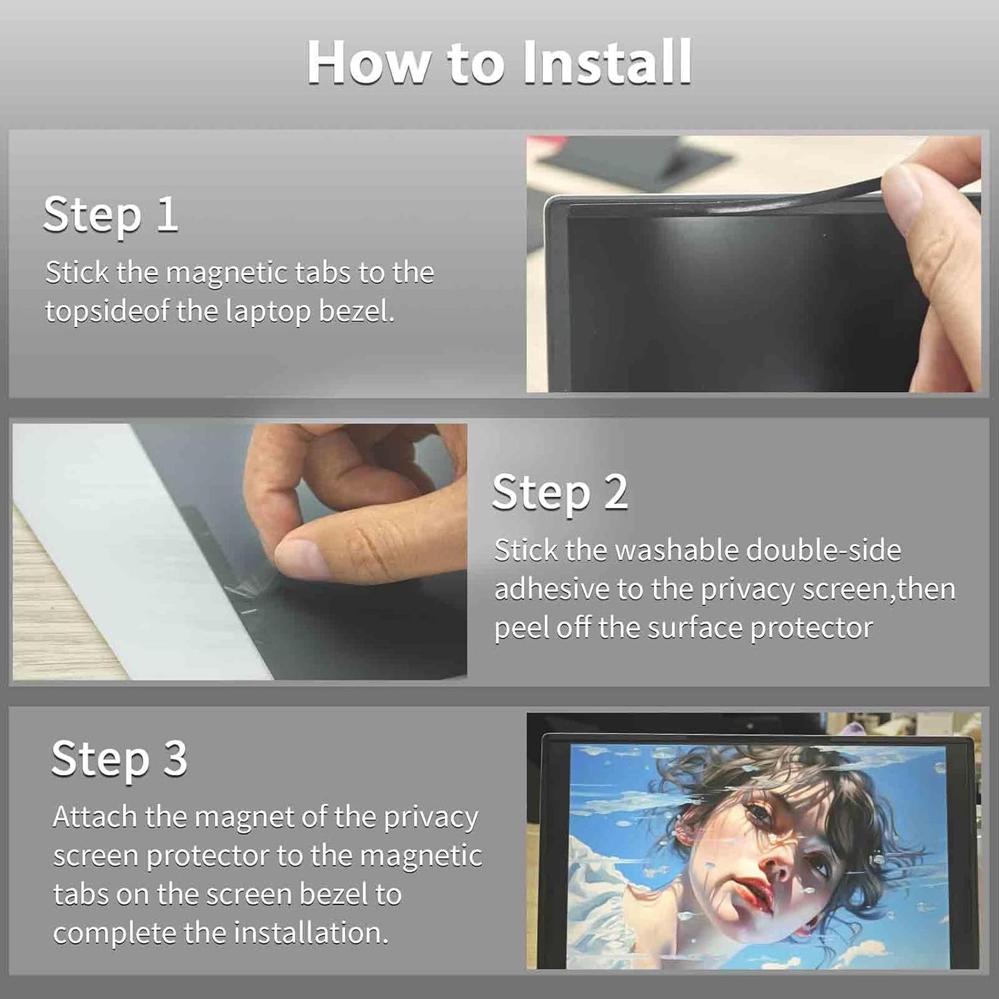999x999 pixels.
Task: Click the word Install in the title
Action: tap(607, 62)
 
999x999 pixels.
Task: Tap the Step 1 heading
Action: tap(111, 215)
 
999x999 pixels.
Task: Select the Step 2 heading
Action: tap(560, 493)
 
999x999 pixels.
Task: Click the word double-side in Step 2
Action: tap(823, 550)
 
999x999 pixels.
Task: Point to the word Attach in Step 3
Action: tap(94, 816)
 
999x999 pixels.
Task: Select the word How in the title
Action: tap(369, 62)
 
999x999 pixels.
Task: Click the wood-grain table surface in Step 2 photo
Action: tap(57, 612)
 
